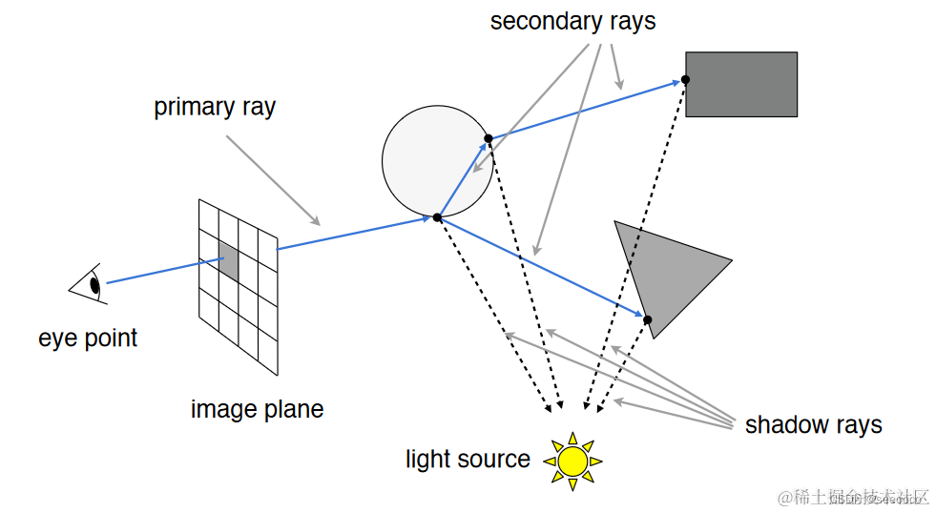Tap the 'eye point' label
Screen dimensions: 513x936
point(88,339)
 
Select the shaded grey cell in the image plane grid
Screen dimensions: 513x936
point(229,259)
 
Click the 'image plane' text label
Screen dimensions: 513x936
point(257,410)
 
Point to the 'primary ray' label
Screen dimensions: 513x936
point(215,107)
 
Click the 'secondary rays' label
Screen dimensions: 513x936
point(572,22)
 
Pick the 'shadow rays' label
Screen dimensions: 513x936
point(813,425)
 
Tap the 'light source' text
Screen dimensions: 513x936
point(468,460)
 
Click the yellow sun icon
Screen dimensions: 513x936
point(572,461)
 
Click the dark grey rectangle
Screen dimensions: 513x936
point(741,84)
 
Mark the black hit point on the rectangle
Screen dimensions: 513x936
point(685,79)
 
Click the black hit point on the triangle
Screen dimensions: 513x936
point(647,319)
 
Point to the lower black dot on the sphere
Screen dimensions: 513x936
point(437,217)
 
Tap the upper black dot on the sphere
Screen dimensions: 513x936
point(489,138)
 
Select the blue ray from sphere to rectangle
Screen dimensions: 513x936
point(582,111)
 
